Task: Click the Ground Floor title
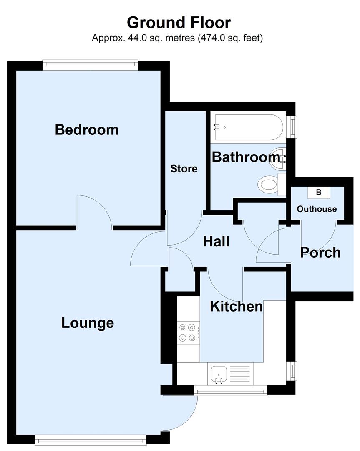pos(179,22)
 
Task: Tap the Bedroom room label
pos(87,129)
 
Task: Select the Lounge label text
pos(88,323)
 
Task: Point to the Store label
pos(184,169)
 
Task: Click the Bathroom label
pos(246,157)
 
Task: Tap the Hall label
pos(216,241)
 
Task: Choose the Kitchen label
pos(236,306)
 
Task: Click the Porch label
pos(320,252)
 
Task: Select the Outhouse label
pos(317,209)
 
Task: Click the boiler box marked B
pos(319,193)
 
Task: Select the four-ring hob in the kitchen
pos(187,332)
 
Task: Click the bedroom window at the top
pos(90,64)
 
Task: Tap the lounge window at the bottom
pos(91,439)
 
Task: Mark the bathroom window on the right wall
pos(294,126)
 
